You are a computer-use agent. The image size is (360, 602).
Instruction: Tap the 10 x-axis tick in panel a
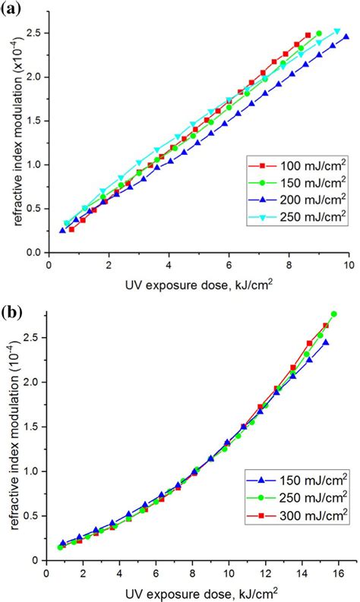349,265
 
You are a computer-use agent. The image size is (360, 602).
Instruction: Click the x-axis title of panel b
199,590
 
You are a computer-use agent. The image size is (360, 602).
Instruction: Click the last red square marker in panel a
308,35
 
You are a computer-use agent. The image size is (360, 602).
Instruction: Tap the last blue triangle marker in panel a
346,36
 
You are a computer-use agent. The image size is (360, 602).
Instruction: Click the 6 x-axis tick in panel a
229,265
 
